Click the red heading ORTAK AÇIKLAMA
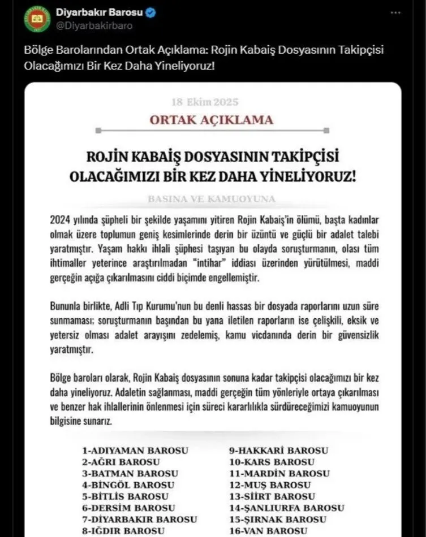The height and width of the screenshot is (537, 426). pos(211,120)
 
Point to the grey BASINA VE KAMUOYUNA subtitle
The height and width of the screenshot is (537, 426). pos(211,199)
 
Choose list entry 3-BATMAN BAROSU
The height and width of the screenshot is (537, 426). pos(130,474)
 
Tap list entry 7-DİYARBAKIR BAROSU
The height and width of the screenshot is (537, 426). pos(140,519)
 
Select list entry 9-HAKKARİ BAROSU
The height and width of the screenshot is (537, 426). pos(278,451)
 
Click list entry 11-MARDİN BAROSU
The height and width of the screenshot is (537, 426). pos(279,474)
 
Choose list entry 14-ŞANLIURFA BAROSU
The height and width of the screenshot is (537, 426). pos(286,508)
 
